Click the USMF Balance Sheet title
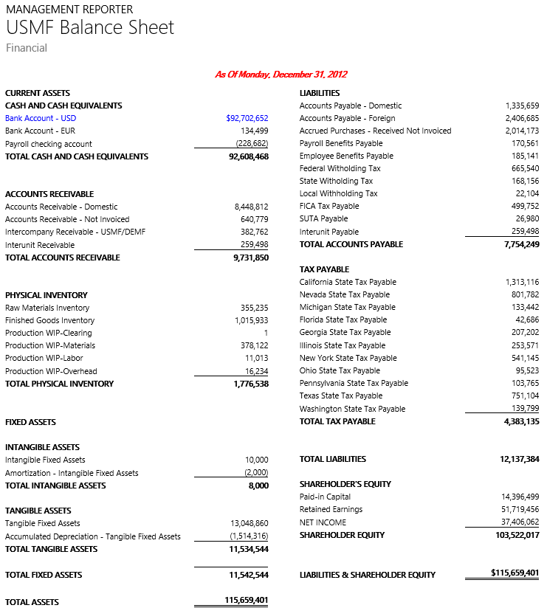90,28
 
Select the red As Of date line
281,74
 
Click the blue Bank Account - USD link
41,118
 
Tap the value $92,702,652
247,118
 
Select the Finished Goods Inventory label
49,320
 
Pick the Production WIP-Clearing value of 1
266,333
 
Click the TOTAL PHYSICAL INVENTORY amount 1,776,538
250,384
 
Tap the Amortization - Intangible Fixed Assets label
72,473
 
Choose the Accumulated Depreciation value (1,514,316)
249,536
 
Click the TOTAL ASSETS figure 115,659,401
247,601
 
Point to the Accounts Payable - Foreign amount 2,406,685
522,118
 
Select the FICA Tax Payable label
329,207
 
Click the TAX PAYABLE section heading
324,269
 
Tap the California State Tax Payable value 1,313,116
522,282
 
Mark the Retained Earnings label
331,509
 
